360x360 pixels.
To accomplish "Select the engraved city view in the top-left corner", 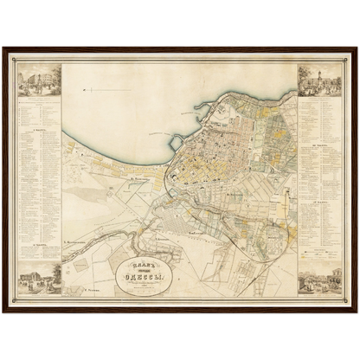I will [x=40, y=81].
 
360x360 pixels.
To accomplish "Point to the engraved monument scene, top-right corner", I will [x=319, y=80].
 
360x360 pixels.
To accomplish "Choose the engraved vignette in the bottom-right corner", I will [x=319, y=281].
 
